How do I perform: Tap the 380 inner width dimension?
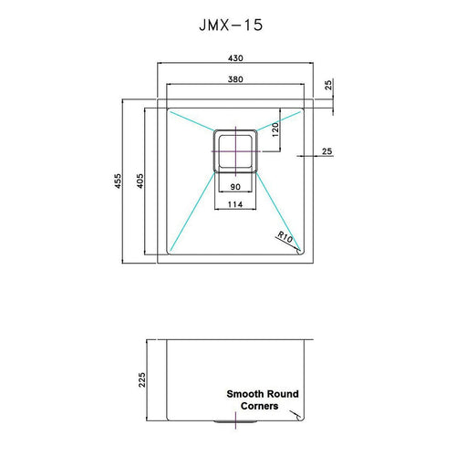(235, 79)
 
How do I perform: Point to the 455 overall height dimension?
(117, 182)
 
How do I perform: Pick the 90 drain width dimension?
(235, 186)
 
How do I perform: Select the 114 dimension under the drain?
(235, 203)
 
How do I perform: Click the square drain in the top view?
(235, 150)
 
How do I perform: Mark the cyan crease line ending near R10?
(281, 218)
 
